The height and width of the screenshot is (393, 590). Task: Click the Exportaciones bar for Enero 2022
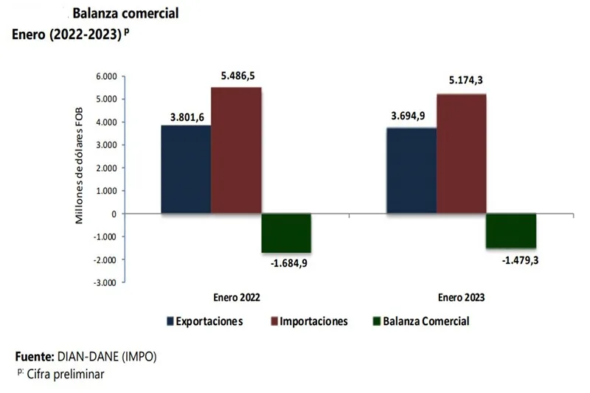point(186,170)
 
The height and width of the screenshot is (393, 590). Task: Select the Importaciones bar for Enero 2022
point(236,151)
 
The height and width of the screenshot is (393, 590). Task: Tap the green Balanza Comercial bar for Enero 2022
point(286,233)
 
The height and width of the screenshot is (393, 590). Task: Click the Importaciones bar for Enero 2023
point(462,154)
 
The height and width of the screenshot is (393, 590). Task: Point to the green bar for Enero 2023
point(511,231)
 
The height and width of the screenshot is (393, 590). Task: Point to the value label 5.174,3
point(462,82)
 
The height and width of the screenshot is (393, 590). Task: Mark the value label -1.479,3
point(511,259)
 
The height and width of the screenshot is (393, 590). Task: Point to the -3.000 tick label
point(104,282)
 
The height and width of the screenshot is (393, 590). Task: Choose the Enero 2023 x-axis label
point(461,298)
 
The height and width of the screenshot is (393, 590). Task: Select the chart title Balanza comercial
point(125,14)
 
